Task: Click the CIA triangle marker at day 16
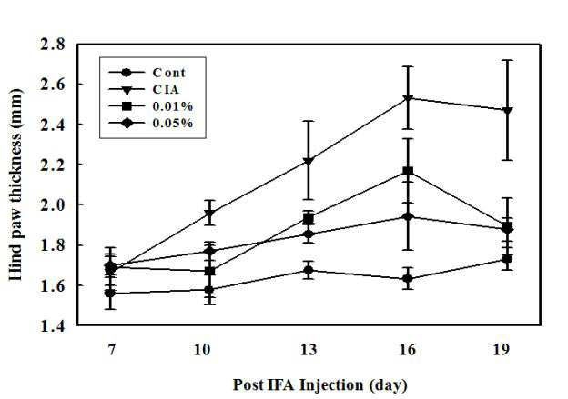pos(408,98)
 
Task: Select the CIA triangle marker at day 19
pos(508,111)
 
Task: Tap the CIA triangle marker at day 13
pos(309,161)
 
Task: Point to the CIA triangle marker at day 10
pos(209,214)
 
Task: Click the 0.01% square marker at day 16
pos(408,171)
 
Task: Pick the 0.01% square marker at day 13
pos(309,219)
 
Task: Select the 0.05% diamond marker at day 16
pos(408,217)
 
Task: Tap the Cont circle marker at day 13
pos(309,270)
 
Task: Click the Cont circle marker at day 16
pos(408,279)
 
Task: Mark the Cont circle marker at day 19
pos(508,259)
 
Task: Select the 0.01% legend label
pos(173,106)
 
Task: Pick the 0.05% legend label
pos(173,124)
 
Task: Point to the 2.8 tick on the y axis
pos(53,45)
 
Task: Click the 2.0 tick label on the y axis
pos(53,204)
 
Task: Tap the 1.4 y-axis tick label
pos(53,325)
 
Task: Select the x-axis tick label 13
pos(309,350)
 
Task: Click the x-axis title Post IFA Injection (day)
pos(319,384)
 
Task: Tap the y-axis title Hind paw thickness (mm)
pos(15,185)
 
